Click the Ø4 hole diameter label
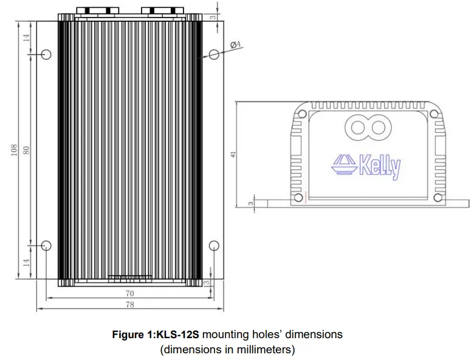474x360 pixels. click(236, 44)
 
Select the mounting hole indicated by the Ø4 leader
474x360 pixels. click(213, 54)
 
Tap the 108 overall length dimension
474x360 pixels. click(14, 150)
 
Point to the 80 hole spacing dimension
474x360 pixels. click(26, 150)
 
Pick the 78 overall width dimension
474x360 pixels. click(129, 305)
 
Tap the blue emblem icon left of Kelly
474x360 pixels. click(344, 165)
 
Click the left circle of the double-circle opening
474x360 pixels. click(356, 128)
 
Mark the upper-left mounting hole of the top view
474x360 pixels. click(46, 54)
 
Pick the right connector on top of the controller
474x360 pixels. click(162, 10)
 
